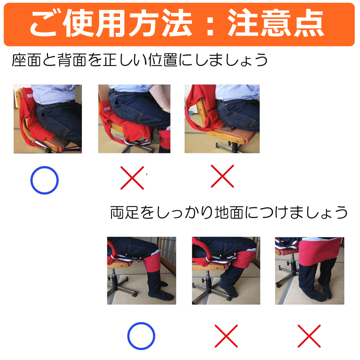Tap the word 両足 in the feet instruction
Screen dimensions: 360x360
pos(122,212)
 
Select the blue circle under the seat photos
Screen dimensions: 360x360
pos(44,180)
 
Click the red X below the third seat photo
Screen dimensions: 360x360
pos(221,176)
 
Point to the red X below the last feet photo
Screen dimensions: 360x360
pos(308,336)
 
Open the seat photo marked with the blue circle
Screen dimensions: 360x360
pos(47,118)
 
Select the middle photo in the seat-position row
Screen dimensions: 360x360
pos(134,118)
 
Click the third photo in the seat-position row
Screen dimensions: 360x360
pos(222,118)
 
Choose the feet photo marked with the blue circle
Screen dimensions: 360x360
pos(141,270)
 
